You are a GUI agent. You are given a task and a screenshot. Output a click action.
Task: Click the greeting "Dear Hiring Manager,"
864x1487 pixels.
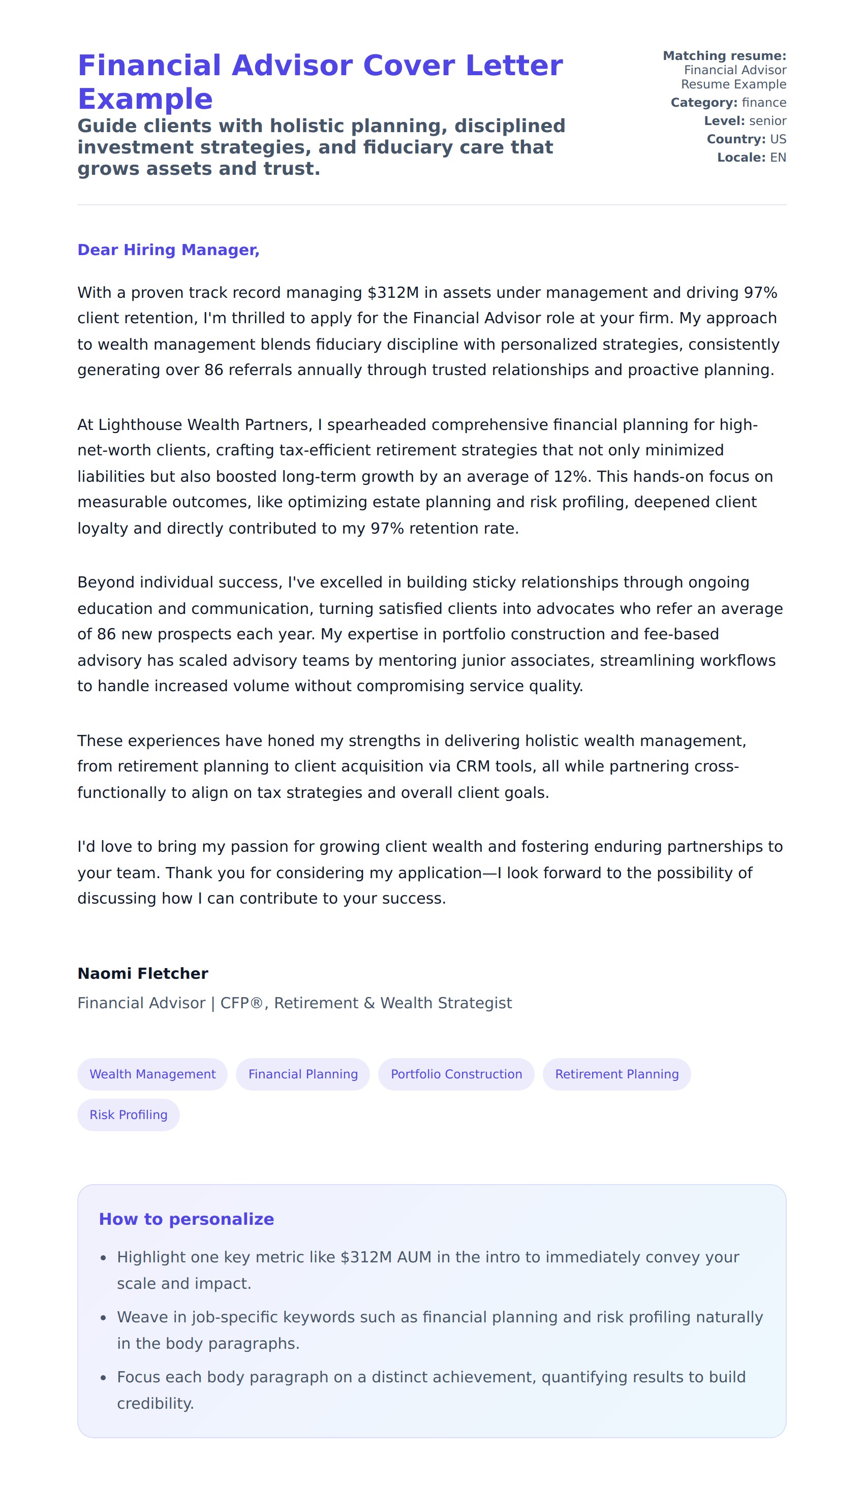pos(168,250)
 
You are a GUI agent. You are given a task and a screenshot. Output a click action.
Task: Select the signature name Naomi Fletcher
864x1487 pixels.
pos(143,974)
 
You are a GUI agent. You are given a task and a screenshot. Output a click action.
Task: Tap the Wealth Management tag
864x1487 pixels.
pos(152,1074)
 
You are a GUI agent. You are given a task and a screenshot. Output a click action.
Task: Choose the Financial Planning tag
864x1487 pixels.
pos(303,1074)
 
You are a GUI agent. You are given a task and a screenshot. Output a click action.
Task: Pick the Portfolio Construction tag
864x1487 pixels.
pos(456,1074)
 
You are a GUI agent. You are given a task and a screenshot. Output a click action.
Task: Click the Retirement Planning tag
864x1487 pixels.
pos(616,1074)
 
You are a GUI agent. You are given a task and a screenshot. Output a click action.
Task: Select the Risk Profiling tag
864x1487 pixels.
pos(129,1114)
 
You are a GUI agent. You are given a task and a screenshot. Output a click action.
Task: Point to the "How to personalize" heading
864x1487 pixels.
pos(187,1219)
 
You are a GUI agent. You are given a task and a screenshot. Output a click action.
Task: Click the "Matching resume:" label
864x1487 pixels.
pos(724,56)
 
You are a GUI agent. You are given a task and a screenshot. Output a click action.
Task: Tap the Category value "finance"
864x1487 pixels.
pos(764,103)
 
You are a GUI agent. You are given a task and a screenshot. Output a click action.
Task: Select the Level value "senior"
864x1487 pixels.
pos(767,121)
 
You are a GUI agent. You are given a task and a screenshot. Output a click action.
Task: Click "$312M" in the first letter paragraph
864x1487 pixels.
pos(392,293)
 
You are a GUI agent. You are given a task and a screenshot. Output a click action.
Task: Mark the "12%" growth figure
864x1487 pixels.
pos(570,477)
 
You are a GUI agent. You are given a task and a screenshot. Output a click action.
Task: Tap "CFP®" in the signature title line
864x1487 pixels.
pos(241,1003)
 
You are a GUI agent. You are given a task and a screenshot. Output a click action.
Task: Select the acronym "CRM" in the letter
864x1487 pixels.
pos(473,766)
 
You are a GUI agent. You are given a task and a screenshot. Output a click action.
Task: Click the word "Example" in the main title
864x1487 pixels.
pos(145,99)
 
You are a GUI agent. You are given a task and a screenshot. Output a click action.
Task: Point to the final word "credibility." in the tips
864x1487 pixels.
pos(155,1404)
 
